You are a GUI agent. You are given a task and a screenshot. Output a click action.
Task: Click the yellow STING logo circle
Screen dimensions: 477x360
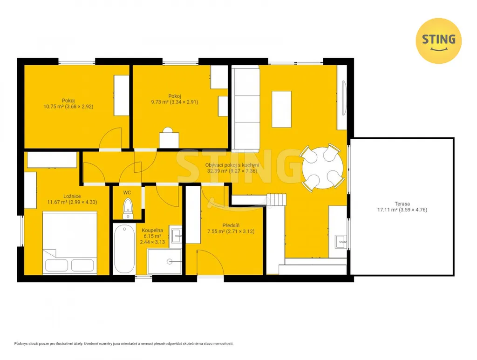(x=438, y=41)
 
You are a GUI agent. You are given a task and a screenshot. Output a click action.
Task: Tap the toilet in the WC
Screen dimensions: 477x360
(x=128, y=208)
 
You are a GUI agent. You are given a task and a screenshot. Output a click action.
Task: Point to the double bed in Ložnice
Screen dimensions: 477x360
(x=70, y=243)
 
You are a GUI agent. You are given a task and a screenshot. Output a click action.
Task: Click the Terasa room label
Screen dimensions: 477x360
(x=402, y=204)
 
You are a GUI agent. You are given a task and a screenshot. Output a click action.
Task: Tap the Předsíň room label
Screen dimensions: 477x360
(x=231, y=225)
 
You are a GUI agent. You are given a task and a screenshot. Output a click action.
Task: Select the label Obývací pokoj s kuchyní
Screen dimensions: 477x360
(x=232, y=165)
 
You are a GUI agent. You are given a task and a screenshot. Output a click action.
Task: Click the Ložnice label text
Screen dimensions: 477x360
(x=72, y=197)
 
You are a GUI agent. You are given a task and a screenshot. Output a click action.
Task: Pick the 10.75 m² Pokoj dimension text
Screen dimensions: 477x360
(x=68, y=107)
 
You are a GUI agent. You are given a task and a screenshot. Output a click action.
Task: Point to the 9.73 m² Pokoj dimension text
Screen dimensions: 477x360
(x=175, y=102)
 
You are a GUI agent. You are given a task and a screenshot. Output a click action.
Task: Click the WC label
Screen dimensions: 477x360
(x=127, y=193)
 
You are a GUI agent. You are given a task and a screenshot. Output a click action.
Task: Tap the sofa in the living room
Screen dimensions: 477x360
(x=245, y=109)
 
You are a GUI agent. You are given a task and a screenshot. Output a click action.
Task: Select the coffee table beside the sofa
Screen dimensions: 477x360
(x=281, y=109)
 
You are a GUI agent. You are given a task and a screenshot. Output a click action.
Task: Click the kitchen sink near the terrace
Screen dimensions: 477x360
(x=341, y=242)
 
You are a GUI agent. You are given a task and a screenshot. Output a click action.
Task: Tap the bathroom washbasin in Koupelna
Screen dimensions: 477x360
(x=176, y=235)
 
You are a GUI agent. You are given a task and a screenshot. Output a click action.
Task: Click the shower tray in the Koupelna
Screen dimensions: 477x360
(x=164, y=261)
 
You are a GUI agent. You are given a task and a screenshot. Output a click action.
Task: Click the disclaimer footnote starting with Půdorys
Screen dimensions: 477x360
(x=124, y=344)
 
